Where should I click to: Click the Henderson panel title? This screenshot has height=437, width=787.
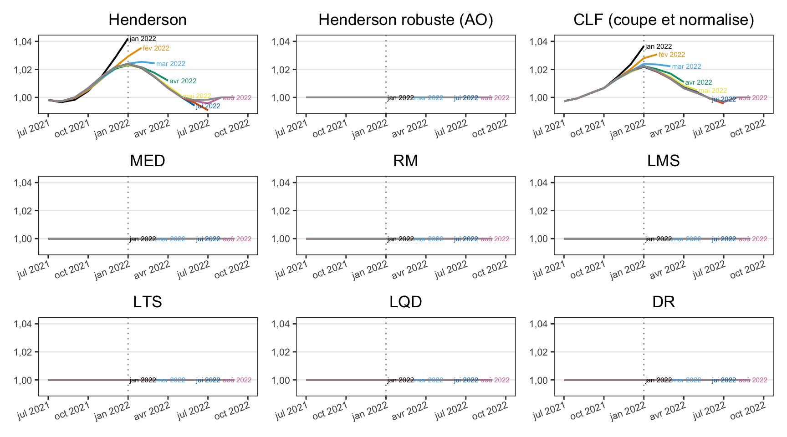click(148, 20)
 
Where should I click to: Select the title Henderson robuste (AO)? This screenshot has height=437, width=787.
click(405, 20)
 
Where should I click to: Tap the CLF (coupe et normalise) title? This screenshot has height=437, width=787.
click(663, 20)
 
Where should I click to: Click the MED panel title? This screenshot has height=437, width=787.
click(148, 161)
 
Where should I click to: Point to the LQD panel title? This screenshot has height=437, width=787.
click(405, 302)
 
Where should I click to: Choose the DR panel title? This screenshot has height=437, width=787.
click(663, 302)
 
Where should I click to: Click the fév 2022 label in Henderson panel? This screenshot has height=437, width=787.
click(156, 48)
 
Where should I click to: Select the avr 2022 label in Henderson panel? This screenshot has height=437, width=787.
click(183, 81)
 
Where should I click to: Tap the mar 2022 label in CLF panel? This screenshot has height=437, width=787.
click(686, 66)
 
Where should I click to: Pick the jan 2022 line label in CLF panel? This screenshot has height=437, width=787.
click(658, 46)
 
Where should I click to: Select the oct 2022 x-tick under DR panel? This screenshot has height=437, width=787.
click(748, 409)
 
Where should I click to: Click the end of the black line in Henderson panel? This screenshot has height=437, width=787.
click(128, 39)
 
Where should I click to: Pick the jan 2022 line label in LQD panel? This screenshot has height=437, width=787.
click(400, 380)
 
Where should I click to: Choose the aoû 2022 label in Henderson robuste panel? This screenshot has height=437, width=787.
click(495, 98)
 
